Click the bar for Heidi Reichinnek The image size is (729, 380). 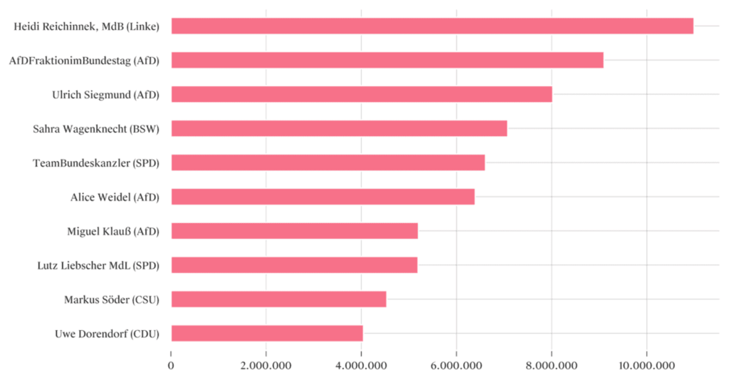(x=432, y=26)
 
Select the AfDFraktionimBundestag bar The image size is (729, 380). (x=387, y=60)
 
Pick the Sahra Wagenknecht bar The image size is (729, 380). (x=339, y=128)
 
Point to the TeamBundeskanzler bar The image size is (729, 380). (x=328, y=163)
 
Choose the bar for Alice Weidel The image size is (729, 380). (x=322, y=197)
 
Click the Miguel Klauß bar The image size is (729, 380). (x=295, y=231)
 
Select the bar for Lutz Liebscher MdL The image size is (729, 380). (x=294, y=265)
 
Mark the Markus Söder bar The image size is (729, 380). (x=278, y=299)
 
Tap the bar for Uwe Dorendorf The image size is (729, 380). (x=267, y=333)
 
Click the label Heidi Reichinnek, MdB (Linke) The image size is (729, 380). (x=86, y=26)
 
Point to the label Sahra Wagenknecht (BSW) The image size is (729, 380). (x=96, y=129)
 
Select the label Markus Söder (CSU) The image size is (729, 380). (x=112, y=299)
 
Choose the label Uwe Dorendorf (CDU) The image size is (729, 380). (x=107, y=334)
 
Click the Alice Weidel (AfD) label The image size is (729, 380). (x=115, y=197)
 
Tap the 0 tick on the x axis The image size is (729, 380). (x=171, y=366)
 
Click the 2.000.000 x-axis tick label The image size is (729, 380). (x=266, y=366)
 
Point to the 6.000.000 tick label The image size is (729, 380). (x=456, y=366)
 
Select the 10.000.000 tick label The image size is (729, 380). (x=646, y=366)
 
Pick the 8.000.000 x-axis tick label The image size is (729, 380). (x=552, y=366)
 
